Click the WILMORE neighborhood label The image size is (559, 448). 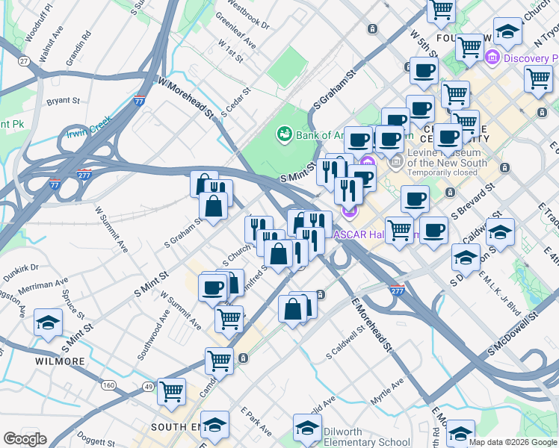pos(60,361)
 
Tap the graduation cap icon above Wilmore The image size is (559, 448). pos(48,323)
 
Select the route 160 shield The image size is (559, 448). pos(109,385)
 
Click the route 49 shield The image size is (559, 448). pos(147,386)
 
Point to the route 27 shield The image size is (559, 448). pos(24,61)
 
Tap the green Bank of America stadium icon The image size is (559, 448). pos(284,134)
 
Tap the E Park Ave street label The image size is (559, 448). pos(256,421)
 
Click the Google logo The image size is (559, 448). pos(25,439)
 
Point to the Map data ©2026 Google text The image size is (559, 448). pos(513,442)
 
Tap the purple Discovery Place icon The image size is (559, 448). pos(492,57)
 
